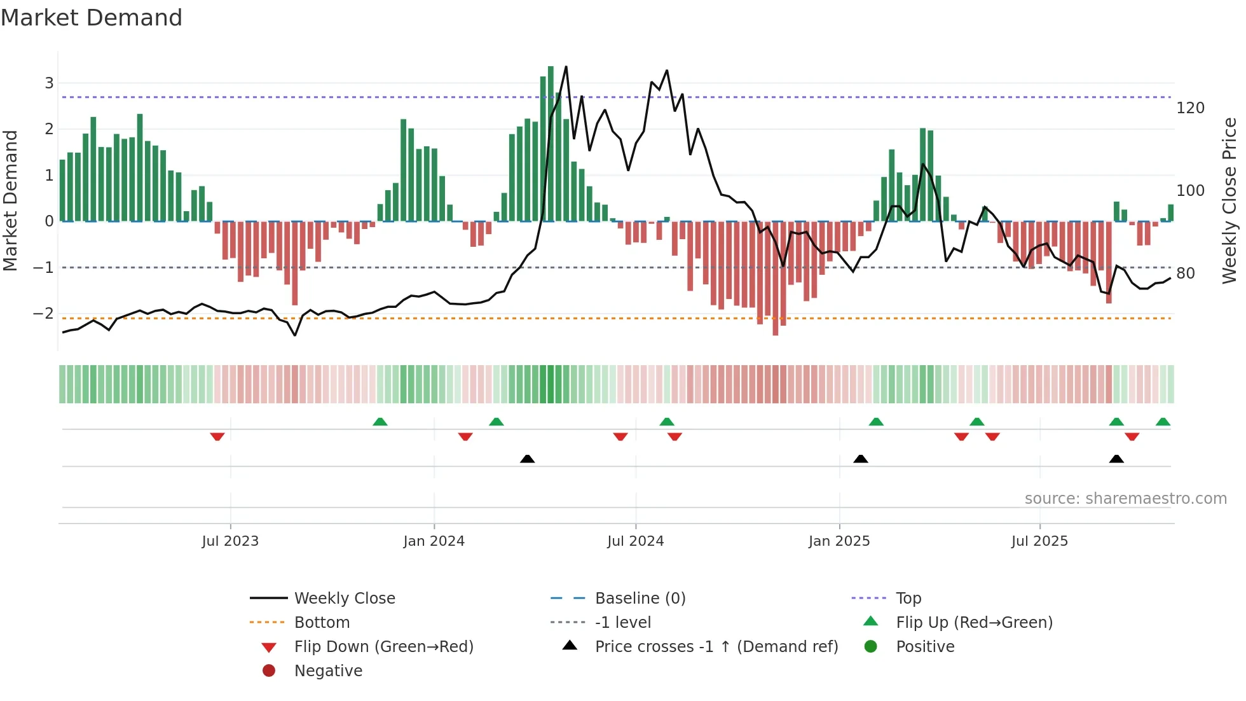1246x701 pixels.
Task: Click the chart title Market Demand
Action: [92, 18]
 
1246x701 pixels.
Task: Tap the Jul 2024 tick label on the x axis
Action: [635, 541]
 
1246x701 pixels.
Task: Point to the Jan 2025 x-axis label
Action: [839, 541]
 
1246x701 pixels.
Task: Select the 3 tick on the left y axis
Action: [49, 83]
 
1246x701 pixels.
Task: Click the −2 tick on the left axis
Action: [44, 314]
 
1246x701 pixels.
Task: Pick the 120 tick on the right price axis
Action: [1190, 108]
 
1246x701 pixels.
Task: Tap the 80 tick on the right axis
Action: [1186, 274]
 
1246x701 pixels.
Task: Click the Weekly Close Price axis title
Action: [1229, 200]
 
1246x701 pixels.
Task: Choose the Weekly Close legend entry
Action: [344, 599]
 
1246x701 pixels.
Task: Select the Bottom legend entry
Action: [322, 623]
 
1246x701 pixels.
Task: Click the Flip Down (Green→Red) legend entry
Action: [383, 647]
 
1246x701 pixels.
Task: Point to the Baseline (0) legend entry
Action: [640, 599]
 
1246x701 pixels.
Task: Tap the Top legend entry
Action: [908, 599]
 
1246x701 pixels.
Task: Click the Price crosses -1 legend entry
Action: [716, 647]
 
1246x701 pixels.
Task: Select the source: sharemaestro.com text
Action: [1125, 499]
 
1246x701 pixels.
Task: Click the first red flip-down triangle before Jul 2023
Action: [217, 436]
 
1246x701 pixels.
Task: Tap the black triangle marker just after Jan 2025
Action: [861, 459]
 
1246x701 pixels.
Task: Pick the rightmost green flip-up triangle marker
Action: [1163, 422]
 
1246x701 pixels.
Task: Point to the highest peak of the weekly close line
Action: [566, 67]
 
